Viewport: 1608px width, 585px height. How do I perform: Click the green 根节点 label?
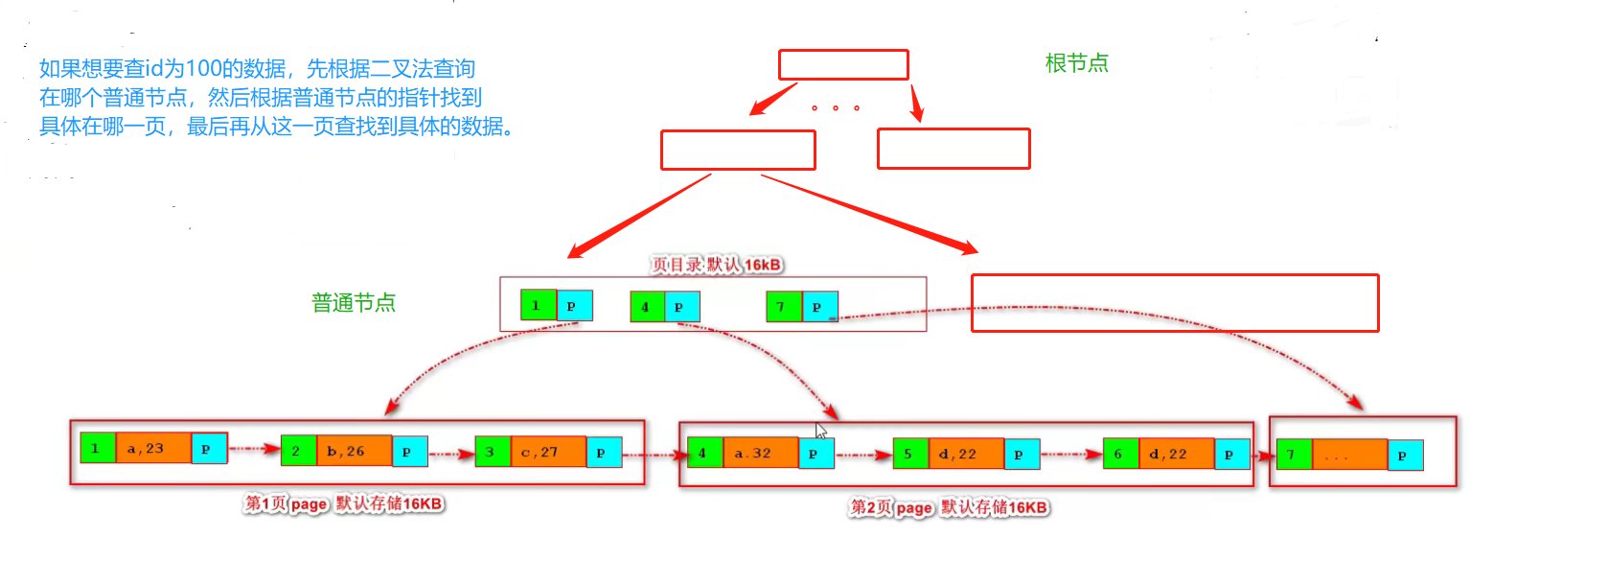[x=1076, y=63]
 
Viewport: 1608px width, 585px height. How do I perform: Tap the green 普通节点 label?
[x=354, y=303]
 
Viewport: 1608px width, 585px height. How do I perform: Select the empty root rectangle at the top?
[x=843, y=64]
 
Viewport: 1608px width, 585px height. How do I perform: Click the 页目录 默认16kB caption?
[x=717, y=265]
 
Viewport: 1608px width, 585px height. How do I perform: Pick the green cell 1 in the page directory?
[x=538, y=305]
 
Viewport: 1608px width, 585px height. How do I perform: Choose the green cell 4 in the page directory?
[x=647, y=307]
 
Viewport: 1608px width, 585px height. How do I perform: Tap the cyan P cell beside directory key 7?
[x=819, y=307]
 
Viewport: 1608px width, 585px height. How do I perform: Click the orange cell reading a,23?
[x=152, y=448]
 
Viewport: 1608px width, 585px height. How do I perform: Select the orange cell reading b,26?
[x=353, y=451]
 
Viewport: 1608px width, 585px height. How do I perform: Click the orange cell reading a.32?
[x=760, y=453]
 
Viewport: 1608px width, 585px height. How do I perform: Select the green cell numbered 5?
[x=909, y=454]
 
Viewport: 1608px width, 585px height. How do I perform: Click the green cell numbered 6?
[x=1119, y=454]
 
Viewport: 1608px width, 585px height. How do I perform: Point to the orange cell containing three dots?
[x=1348, y=455]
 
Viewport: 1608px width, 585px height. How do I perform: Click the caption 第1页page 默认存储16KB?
[x=343, y=503]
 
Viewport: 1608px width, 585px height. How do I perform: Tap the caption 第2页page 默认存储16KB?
[x=949, y=507]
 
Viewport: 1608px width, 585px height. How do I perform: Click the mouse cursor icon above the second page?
[x=821, y=431]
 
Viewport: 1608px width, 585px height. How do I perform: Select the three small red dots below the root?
[x=835, y=107]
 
